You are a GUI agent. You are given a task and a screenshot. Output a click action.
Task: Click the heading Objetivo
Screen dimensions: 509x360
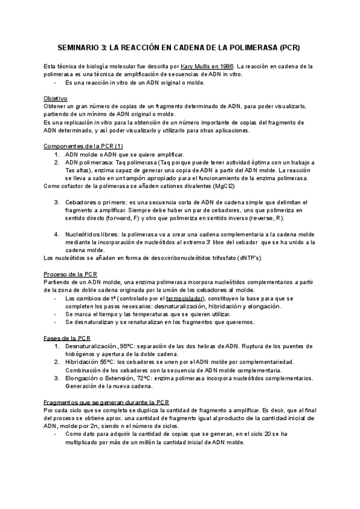56,98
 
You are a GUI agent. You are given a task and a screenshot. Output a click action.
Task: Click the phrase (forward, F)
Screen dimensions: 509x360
129,218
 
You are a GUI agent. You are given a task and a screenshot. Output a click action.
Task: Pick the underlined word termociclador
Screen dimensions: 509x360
185,298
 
